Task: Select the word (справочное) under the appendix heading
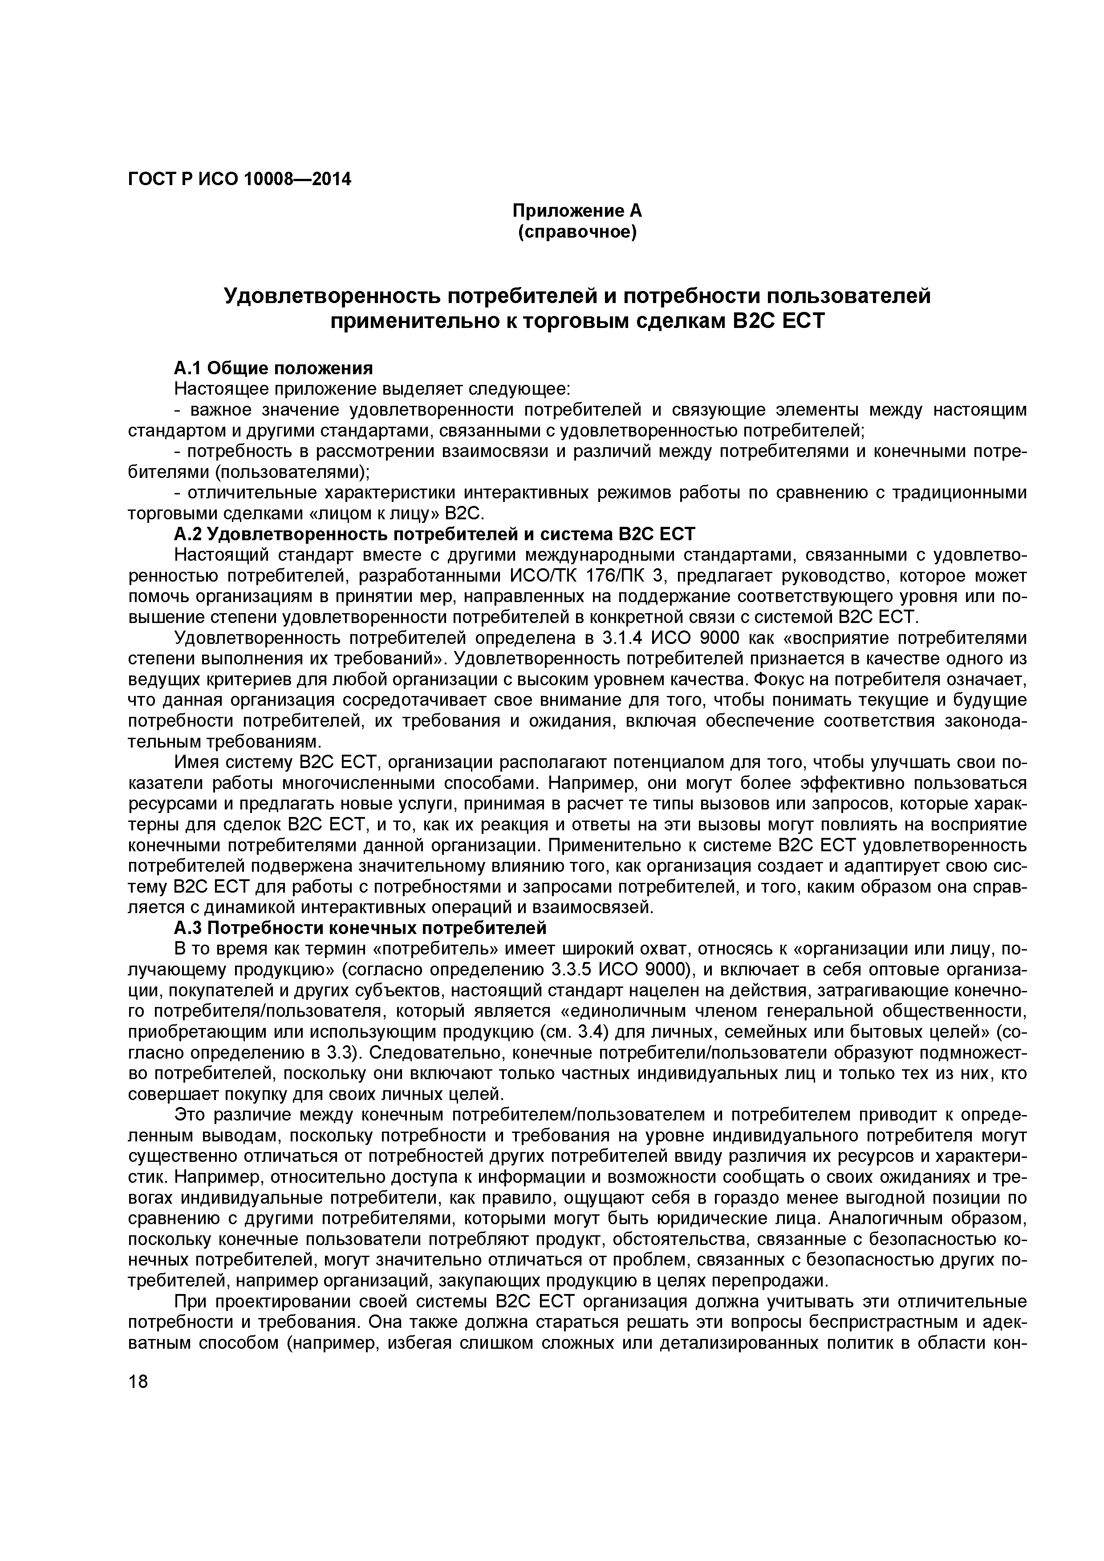[577, 233]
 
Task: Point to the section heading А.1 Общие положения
[273, 368]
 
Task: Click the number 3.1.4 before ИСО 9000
[622, 639]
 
